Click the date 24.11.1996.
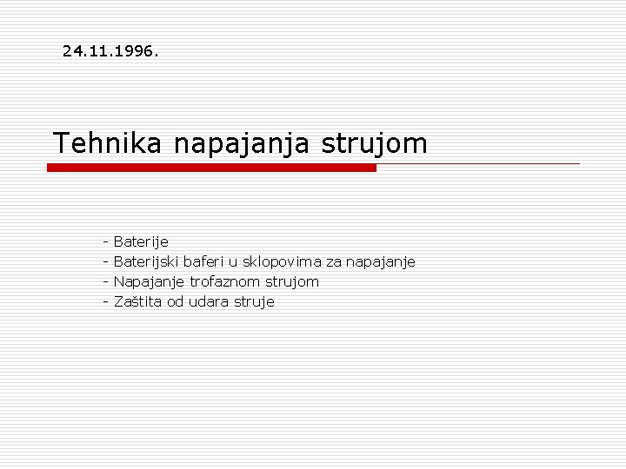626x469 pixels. [x=110, y=51]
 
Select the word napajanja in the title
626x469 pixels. [x=241, y=143]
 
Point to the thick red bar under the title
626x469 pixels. [x=211, y=168]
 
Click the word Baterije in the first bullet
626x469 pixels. [x=141, y=241]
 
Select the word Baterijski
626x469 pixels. [x=147, y=261]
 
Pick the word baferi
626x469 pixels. [x=203, y=261]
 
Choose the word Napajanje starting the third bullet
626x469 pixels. [x=149, y=281]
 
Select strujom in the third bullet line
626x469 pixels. [x=291, y=281]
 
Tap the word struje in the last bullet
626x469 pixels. [x=253, y=301]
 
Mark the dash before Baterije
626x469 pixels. [x=104, y=241]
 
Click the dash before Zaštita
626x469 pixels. [x=104, y=301]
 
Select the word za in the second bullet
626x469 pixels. [x=334, y=261]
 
